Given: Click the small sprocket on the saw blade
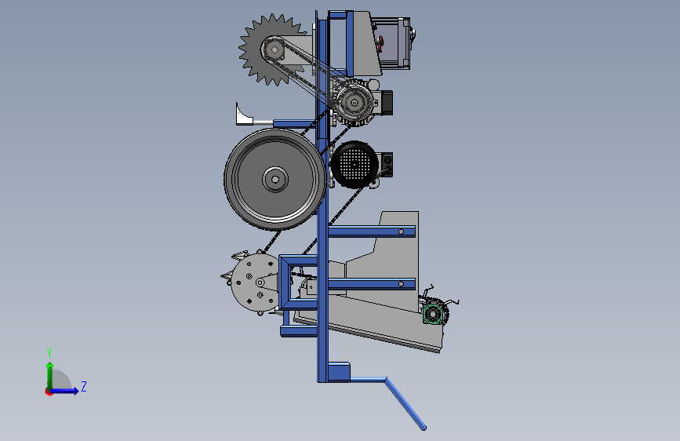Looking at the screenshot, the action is coord(275,50).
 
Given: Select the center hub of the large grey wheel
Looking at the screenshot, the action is coord(275,179).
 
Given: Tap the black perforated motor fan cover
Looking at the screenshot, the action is coord(355,165).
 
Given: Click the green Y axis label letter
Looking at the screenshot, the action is coord(49,352).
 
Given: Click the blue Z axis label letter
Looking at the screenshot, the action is coord(84,386).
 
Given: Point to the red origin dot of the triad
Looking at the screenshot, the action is coord(49,392).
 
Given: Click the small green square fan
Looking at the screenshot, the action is coord(432,313).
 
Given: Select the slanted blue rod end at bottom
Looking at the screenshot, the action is coord(424,428).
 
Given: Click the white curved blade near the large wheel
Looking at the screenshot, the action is coord(243,115).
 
